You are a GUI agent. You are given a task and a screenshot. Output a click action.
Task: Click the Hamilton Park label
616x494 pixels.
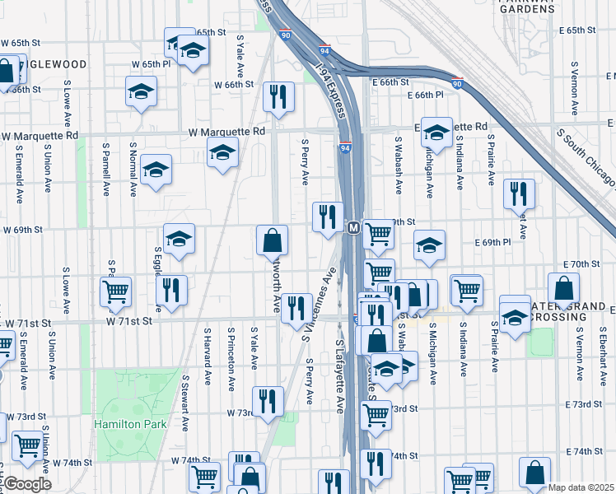pos(129,425)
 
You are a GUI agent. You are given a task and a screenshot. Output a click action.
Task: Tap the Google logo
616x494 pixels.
pos(27,483)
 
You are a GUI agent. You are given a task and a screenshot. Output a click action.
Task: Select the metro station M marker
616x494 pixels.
pos(352,227)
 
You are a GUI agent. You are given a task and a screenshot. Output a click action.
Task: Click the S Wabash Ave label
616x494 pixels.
pos(398,165)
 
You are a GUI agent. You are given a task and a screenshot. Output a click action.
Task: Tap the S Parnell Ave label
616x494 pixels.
pos(106,169)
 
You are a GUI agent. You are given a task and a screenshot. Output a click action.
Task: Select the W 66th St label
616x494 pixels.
pos(232,84)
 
